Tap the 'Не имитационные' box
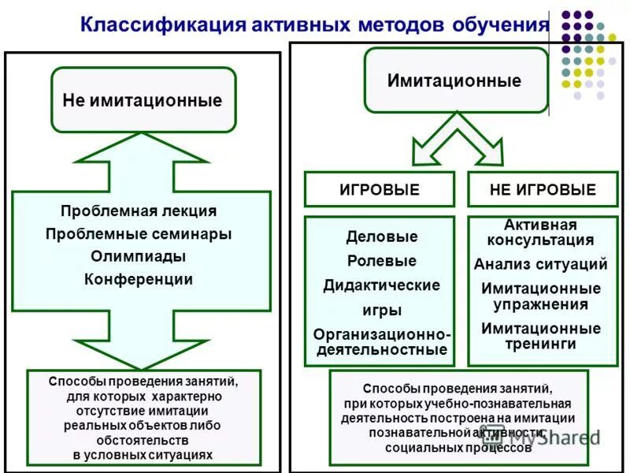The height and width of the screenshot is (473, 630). click(x=143, y=100)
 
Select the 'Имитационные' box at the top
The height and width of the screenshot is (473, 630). click(x=454, y=81)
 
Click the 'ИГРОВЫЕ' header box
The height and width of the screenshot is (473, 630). click(x=380, y=190)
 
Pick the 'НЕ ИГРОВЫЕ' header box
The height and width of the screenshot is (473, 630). click(x=543, y=190)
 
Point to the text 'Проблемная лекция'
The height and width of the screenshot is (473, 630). click(x=139, y=211)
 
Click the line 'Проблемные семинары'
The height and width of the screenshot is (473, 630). click(x=139, y=234)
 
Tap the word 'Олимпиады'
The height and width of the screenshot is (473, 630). click(x=139, y=256)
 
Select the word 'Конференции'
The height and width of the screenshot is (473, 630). click(x=139, y=279)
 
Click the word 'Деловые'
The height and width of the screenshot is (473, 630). click(x=382, y=236)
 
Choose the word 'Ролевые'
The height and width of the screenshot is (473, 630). click(x=382, y=261)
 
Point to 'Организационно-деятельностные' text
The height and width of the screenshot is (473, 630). click(x=382, y=341)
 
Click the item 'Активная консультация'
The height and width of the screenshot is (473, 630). click(x=540, y=233)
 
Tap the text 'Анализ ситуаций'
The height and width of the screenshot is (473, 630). click(x=540, y=264)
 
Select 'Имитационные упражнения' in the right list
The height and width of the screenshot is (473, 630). click(x=540, y=296)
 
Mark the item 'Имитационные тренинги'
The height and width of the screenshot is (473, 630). click(x=540, y=336)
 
